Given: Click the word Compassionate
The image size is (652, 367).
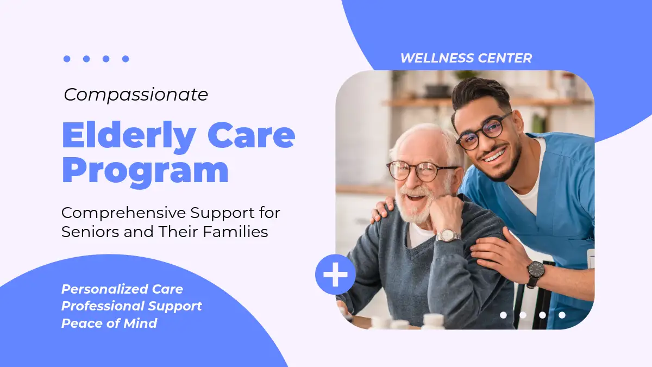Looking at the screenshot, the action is tap(136, 95).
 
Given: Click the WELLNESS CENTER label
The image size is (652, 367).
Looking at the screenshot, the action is tap(466, 58).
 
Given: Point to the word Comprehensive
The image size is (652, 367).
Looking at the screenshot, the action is tap(123, 214).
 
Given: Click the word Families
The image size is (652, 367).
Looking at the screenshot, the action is tap(235, 232).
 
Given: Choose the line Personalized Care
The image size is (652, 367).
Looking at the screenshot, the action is tap(122, 289).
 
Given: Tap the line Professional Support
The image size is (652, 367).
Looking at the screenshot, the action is tap(131, 307).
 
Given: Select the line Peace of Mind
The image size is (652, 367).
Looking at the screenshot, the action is tap(109, 324).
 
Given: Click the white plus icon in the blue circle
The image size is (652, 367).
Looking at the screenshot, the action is tap(335, 275).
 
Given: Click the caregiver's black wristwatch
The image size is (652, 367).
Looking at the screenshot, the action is tap(535, 273).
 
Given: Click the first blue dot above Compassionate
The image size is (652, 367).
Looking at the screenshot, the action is tap(67, 59).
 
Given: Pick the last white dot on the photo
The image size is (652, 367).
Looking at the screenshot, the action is tap(562, 315).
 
